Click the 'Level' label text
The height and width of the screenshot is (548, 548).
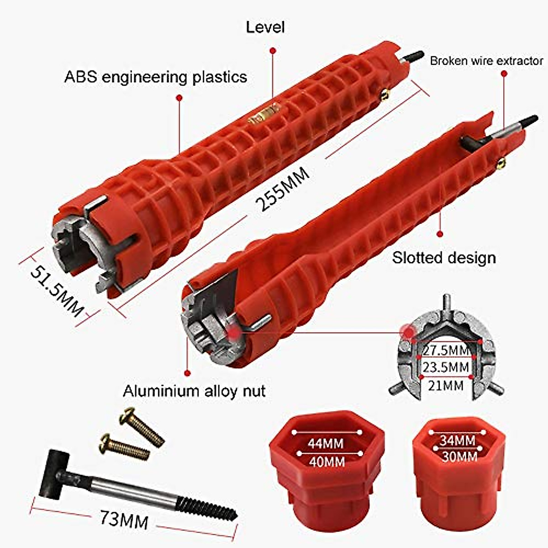click(x=265, y=27)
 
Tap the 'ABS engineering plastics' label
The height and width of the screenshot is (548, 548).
click(x=156, y=77)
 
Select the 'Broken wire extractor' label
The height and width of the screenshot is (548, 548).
click(x=486, y=61)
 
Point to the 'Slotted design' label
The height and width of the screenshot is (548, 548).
click(x=444, y=258)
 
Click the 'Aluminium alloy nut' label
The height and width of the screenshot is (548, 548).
click(x=194, y=391)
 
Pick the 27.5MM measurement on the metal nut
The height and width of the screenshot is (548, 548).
click(x=446, y=351)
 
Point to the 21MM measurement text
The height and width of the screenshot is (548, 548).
click(x=446, y=386)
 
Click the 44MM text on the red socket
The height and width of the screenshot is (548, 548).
click(x=326, y=443)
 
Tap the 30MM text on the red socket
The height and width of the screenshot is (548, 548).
click(x=459, y=456)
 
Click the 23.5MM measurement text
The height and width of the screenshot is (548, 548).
click(x=446, y=367)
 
